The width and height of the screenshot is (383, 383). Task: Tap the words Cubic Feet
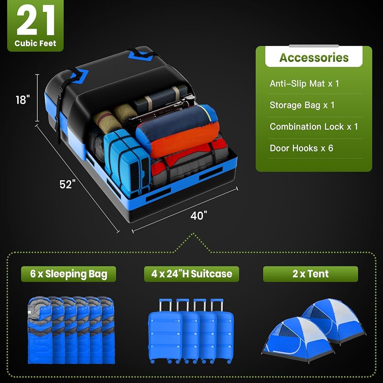pyautogui.click(x=35, y=43)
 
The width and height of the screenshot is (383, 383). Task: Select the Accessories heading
pyautogui.click(x=314, y=57)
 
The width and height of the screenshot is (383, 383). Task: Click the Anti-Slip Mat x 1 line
pyautogui.click(x=304, y=83)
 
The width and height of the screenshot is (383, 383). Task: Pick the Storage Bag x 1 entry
pyautogui.click(x=302, y=105)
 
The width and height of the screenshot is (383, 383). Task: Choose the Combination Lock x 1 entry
pyautogui.click(x=314, y=127)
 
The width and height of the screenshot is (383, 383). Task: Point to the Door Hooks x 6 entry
pyautogui.click(x=301, y=148)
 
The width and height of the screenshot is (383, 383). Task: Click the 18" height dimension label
pyautogui.click(x=22, y=100)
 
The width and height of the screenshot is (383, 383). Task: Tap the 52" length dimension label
pyautogui.click(x=67, y=184)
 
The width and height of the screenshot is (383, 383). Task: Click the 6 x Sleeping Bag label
pyautogui.click(x=69, y=274)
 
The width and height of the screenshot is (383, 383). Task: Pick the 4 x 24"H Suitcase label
pyautogui.click(x=191, y=274)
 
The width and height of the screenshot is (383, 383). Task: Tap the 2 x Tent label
pyautogui.click(x=310, y=274)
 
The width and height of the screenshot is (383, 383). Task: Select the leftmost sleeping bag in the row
pyautogui.click(x=39, y=330)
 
